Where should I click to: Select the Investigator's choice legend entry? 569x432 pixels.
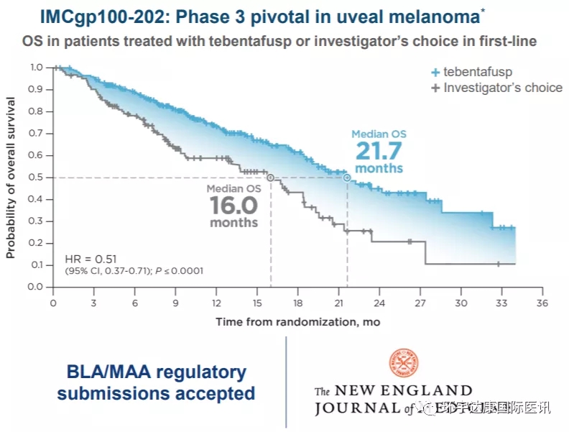tap(496, 88)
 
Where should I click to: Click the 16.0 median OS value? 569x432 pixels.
tap(233, 206)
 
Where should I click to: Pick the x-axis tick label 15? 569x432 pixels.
tap(256, 303)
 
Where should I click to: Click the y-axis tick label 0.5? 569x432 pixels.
tap(35, 177)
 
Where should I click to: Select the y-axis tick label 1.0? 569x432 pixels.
tap(35, 67)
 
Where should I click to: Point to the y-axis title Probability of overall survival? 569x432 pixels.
tap(11, 177)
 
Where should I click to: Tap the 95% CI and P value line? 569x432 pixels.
tap(134, 271)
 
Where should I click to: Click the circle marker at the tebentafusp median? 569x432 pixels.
tap(347, 178)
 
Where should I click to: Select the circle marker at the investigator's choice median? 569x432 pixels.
tap(270, 178)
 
